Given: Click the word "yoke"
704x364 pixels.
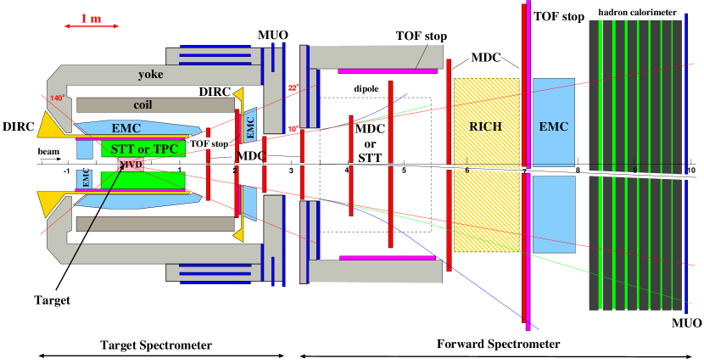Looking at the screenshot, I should click(151, 75).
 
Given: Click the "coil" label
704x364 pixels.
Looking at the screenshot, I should click(148, 105).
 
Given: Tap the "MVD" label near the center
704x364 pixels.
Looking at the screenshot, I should click(130, 165).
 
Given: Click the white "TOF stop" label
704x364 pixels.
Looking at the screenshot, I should click(209, 143).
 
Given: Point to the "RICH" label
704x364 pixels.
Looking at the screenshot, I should click(486, 126).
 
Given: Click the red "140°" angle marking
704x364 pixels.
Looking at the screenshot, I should click(57, 98).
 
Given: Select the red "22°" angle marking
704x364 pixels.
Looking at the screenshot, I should click(293, 87).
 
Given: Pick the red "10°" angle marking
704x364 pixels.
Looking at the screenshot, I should click(293, 129).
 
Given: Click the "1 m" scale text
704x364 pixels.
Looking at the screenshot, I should click(91, 19).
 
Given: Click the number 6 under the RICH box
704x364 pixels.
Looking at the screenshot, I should click(467, 171).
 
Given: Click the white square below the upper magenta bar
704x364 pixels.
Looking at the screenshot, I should click(419, 84).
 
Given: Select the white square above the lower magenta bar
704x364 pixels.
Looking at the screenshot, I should click(419, 245).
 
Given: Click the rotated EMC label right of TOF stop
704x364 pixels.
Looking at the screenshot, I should click(250, 125).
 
